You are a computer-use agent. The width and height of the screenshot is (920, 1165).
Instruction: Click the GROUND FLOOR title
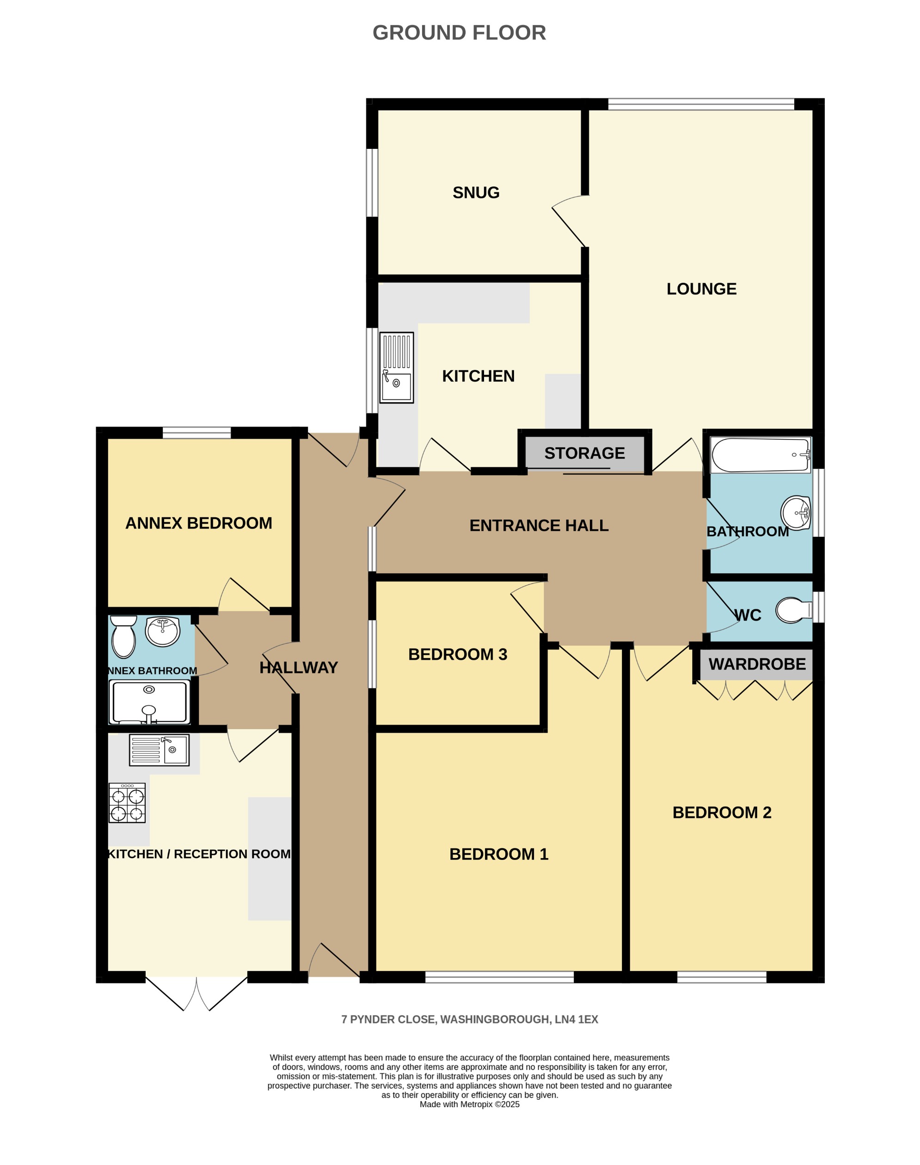click(459, 33)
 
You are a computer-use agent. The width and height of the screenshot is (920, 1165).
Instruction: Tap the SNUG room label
click(476, 192)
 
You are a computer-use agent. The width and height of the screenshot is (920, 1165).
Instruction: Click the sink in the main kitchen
click(397, 368)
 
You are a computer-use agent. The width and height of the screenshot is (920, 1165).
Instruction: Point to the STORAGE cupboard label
click(584, 453)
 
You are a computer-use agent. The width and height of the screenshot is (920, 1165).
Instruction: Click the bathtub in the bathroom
click(760, 454)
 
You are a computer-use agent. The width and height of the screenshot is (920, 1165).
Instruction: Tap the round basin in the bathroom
click(796, 512)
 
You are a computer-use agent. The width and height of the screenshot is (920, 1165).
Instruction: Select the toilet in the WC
click(793, 610)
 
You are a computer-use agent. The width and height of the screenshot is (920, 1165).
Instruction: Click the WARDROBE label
click(757, 664)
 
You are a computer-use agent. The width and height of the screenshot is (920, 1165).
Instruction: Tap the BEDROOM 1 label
click(498, 854)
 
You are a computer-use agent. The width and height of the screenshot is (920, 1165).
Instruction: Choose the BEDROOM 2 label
click(721, 812)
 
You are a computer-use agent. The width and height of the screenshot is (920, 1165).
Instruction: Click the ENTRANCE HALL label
click(539, 525)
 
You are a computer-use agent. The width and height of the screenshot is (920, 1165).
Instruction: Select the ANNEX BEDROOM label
click(198, 523)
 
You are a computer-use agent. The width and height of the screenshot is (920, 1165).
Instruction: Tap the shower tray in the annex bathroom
click(149, 702)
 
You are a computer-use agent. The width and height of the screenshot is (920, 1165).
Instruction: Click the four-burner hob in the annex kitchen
click(127, 803)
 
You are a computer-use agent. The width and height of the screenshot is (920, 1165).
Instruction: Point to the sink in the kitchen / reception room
click(159, 750)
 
